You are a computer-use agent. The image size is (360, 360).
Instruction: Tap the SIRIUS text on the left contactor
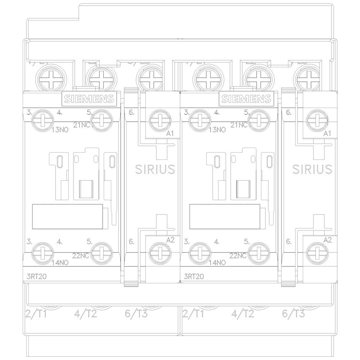[x=155, y=169]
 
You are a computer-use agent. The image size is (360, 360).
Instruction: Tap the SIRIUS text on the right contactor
[x=312, y=169]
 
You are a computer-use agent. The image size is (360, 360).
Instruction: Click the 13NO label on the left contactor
[x=60, y=130]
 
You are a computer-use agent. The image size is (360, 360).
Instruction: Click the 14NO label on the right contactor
[x=217, y=262]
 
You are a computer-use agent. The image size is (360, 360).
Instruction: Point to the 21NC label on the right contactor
[x=238, y=125]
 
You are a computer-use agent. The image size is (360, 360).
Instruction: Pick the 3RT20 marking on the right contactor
[x=193, y=277]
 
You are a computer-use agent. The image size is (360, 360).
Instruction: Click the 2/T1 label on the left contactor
[x=36, y=314]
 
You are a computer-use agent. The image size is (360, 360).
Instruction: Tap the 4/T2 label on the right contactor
[x=243, y=314]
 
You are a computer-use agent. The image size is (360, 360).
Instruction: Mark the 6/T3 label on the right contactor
[x=293, y=314]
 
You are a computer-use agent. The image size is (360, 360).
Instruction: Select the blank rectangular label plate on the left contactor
[x=67, y=216]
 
